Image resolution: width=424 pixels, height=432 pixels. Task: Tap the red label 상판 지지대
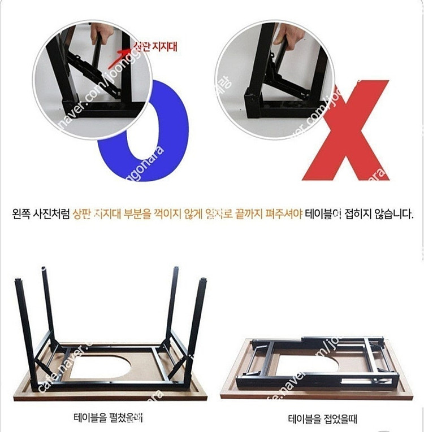155,46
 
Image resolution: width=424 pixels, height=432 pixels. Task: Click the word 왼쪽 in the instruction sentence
23,215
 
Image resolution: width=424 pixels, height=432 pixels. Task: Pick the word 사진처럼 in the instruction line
54,215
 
